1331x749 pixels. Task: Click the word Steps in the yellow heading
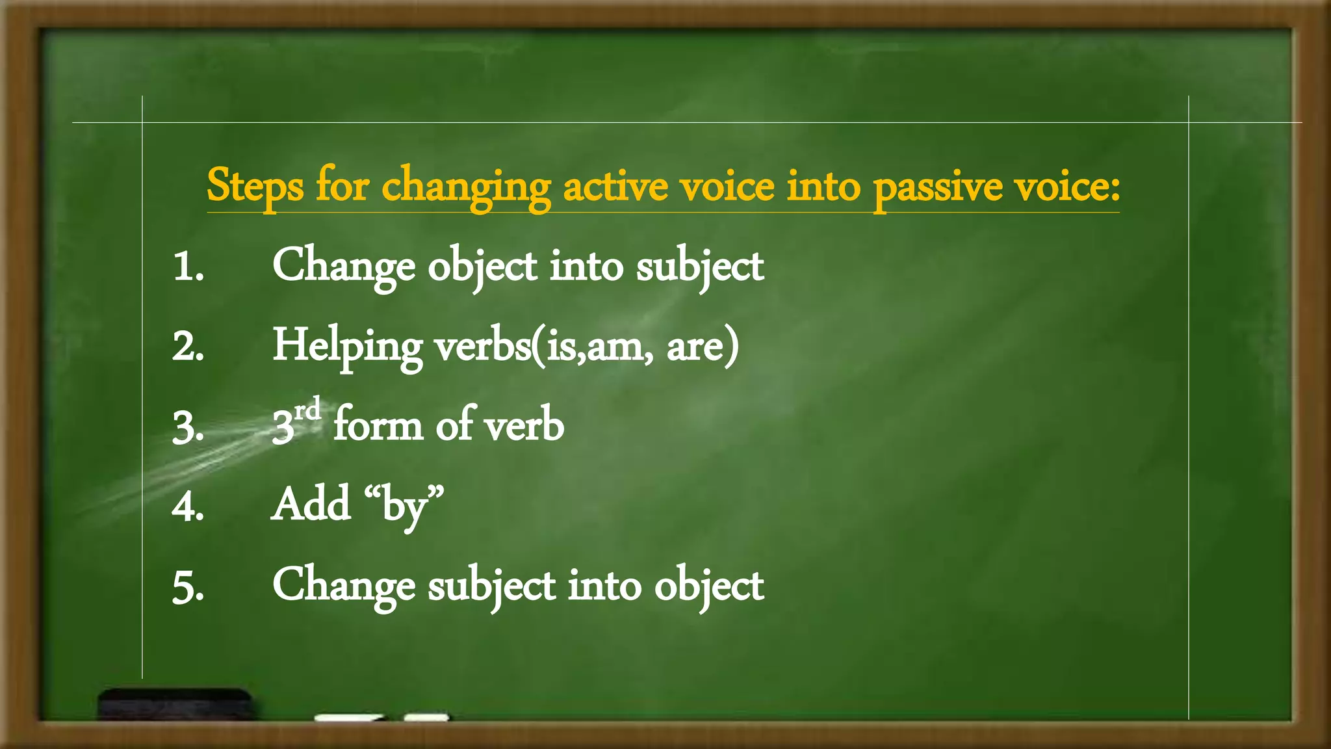255,187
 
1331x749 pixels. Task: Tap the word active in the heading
615,187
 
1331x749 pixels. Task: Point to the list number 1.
188,267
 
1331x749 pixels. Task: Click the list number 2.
188,347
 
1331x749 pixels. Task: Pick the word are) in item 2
703,345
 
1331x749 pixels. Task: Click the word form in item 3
378,425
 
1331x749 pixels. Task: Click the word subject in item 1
699,267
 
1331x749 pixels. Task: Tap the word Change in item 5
343,585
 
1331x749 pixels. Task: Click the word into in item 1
586,267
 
